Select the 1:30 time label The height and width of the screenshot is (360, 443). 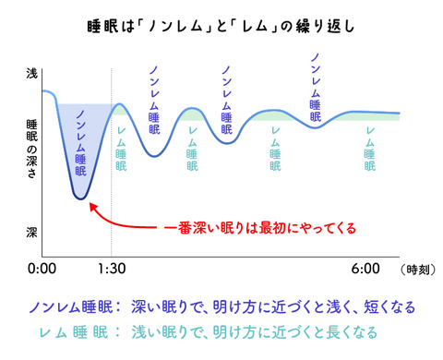[112, 270]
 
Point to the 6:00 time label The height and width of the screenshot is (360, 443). [365, 270]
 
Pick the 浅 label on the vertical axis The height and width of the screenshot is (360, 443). [33, 74]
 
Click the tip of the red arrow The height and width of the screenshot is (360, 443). [86, 204]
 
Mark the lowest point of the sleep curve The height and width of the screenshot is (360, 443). [81, 198]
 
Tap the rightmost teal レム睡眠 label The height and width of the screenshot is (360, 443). [370, 150]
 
